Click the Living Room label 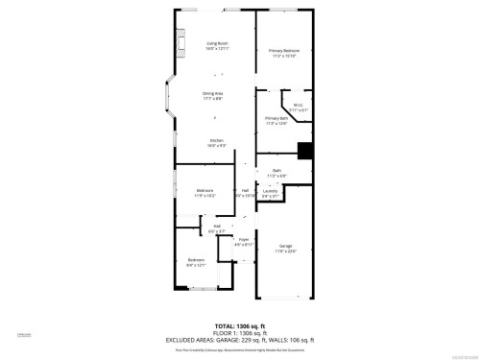click(x=217, y=44)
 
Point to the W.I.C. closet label click(x=300, y=106)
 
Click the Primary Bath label click(x=276, y=118)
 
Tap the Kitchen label click(x=217, y=141)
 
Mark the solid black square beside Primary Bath click(x=305, y=150)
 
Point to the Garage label click(x=285, y=247)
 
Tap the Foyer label click(x=244, y=239)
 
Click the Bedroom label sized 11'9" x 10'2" click(x=204, y=190)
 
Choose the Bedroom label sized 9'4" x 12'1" click(x=196, y=259)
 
